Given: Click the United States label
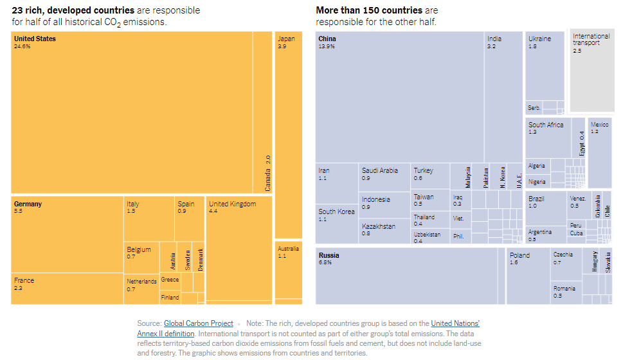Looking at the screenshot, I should (35, 39).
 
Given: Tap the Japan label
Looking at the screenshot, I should (286, 39).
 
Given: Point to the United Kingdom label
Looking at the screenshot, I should (232, 204).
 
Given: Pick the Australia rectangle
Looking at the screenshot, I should (288, 270).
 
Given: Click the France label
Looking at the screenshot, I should (24, 280).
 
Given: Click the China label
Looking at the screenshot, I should (327, 39).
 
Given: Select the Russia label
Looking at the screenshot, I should (329, 255).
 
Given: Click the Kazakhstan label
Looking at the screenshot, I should (379, 226).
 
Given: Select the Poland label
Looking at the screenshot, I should (519, 255).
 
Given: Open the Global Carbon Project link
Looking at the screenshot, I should (198, 323).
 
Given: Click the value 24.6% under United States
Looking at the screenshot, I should (23, 46).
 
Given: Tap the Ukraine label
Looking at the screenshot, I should (539, 39).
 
